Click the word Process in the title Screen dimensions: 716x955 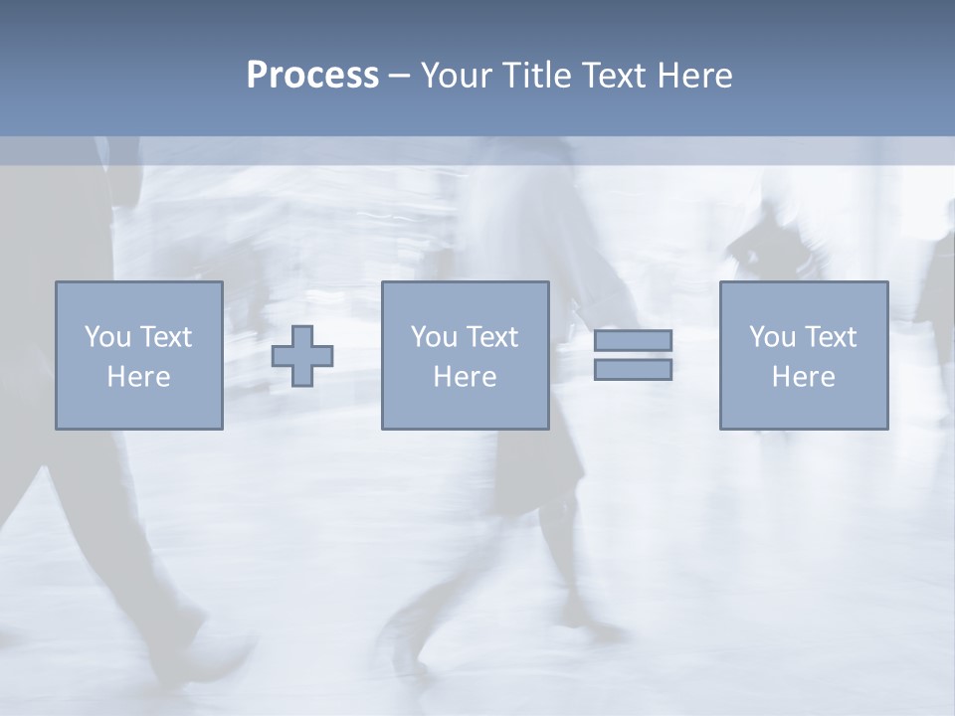(x=312, y=76)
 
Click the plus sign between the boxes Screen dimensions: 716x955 (x=302, y=356)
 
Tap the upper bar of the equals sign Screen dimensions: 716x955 (x=633, y=340)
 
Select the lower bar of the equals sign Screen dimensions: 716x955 (x=633, y=369)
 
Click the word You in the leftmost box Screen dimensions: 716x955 (x=107, y=337)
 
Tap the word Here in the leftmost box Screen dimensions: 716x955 (x=138, y=377)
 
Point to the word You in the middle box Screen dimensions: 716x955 (x=434, y=337)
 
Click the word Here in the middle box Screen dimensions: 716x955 (x=465, y=377)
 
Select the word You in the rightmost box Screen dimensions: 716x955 (x=772, y=337)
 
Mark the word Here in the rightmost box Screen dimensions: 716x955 (x=803, y=377)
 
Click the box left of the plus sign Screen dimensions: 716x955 (x=139, y=408)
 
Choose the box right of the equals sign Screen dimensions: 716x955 (x=804, y=408)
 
